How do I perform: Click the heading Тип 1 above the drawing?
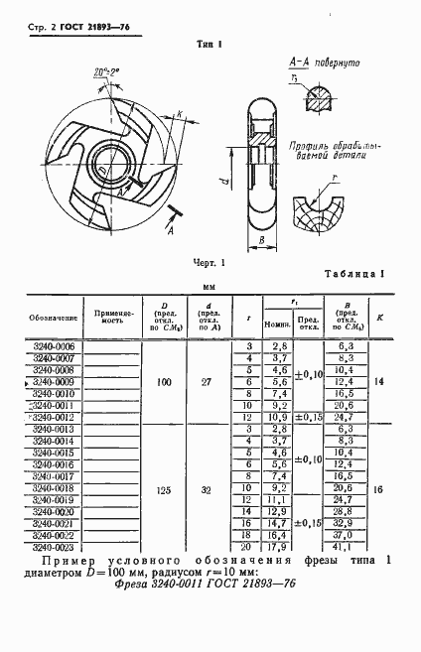(x=210, y=45)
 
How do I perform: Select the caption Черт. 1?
(x=210, y=262)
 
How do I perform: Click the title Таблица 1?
(x=354, y=274)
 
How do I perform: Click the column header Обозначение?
(x=54, y=318)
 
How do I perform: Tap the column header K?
(x=380, y=318)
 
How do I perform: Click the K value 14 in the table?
(x=380, y=382)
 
